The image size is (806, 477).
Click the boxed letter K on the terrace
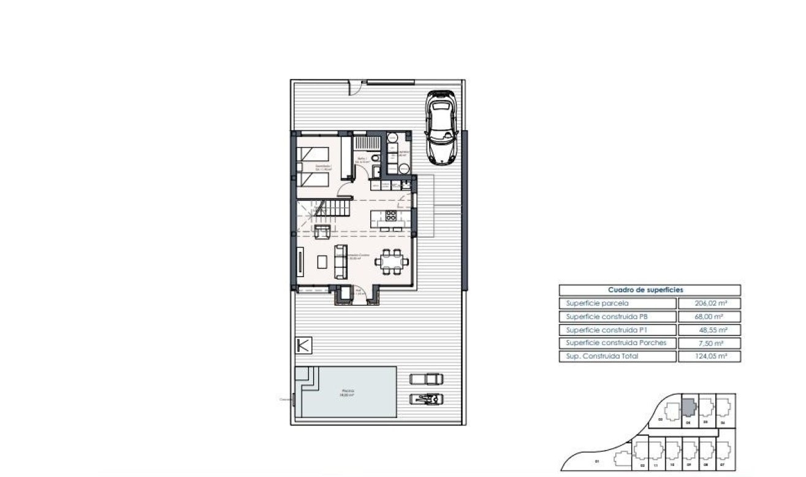click(x=303, y=345)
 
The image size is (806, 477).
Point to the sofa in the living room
click(x=340, y=262)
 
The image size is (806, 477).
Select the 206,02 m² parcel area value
click(x=709, y=303)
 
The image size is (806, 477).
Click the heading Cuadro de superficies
click(x=650, y=290)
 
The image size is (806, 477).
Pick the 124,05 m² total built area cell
click(x=709, y=356)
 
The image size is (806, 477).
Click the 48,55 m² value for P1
click(x=709, y=330)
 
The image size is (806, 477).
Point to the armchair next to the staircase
click(x=322, y=231)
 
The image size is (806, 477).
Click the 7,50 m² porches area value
click(x=709, y=343)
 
